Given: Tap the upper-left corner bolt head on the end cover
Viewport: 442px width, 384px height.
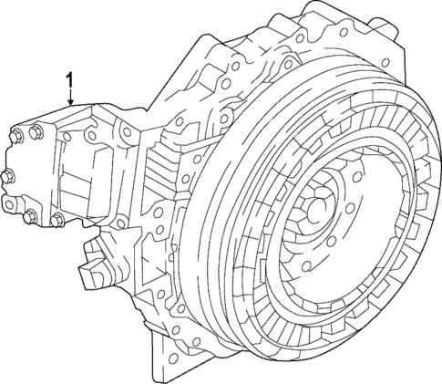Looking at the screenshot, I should pos(16,138).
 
